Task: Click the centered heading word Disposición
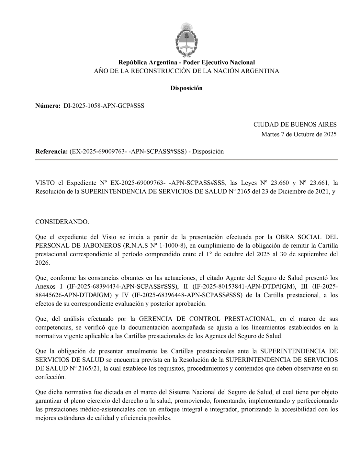186,88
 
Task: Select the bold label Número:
48,106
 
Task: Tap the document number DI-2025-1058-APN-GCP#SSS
104,106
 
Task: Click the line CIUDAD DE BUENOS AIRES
295,125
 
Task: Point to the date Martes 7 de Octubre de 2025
299,134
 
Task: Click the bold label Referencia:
51,151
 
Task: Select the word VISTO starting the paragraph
44,183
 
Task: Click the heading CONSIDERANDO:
62,222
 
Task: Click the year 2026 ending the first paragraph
42,263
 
